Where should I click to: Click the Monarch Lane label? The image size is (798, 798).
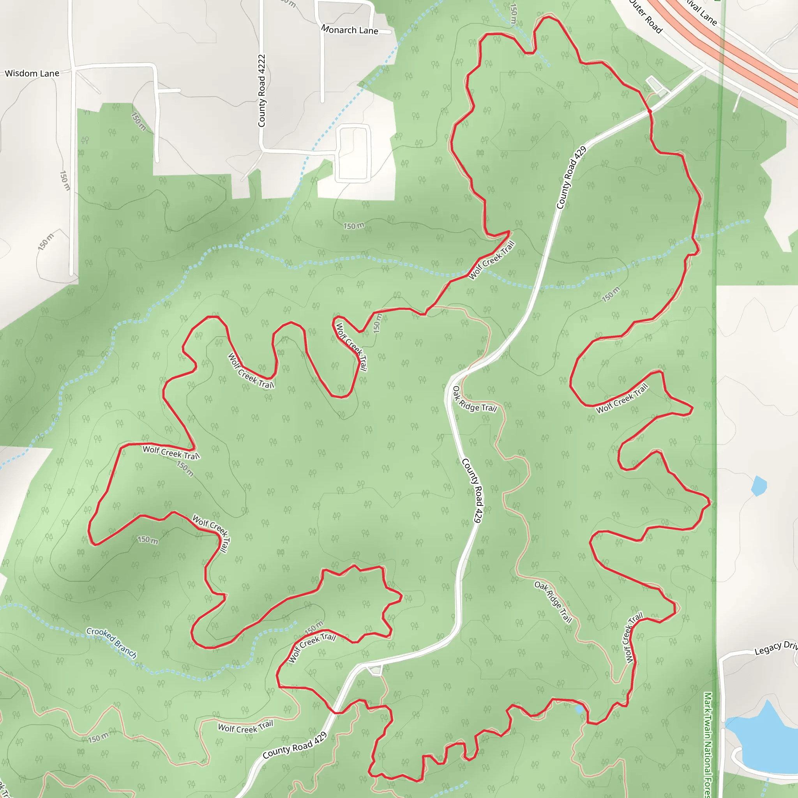(x=350, y=30)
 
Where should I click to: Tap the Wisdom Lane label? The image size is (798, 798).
(x=32, y=74)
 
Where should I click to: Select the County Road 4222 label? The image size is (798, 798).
(x=261, y=90)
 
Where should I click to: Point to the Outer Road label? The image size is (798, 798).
(x=646, y=16)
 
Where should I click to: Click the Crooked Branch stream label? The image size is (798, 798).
(x=111, y=643)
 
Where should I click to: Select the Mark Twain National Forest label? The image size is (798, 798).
(x=708, y=743)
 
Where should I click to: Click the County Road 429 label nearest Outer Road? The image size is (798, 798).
(x=571, y=178)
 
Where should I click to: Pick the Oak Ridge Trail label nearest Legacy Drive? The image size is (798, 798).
(x=553, y=601)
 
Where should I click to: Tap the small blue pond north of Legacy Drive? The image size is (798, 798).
(x=759, y=486)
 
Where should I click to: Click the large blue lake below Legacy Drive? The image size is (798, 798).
(x=764, y=739)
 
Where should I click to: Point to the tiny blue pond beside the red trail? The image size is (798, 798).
(x=579, y=709)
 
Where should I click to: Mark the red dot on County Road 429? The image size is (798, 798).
(x=650, y=111)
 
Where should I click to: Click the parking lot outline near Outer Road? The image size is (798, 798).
(x=655, y=85)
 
